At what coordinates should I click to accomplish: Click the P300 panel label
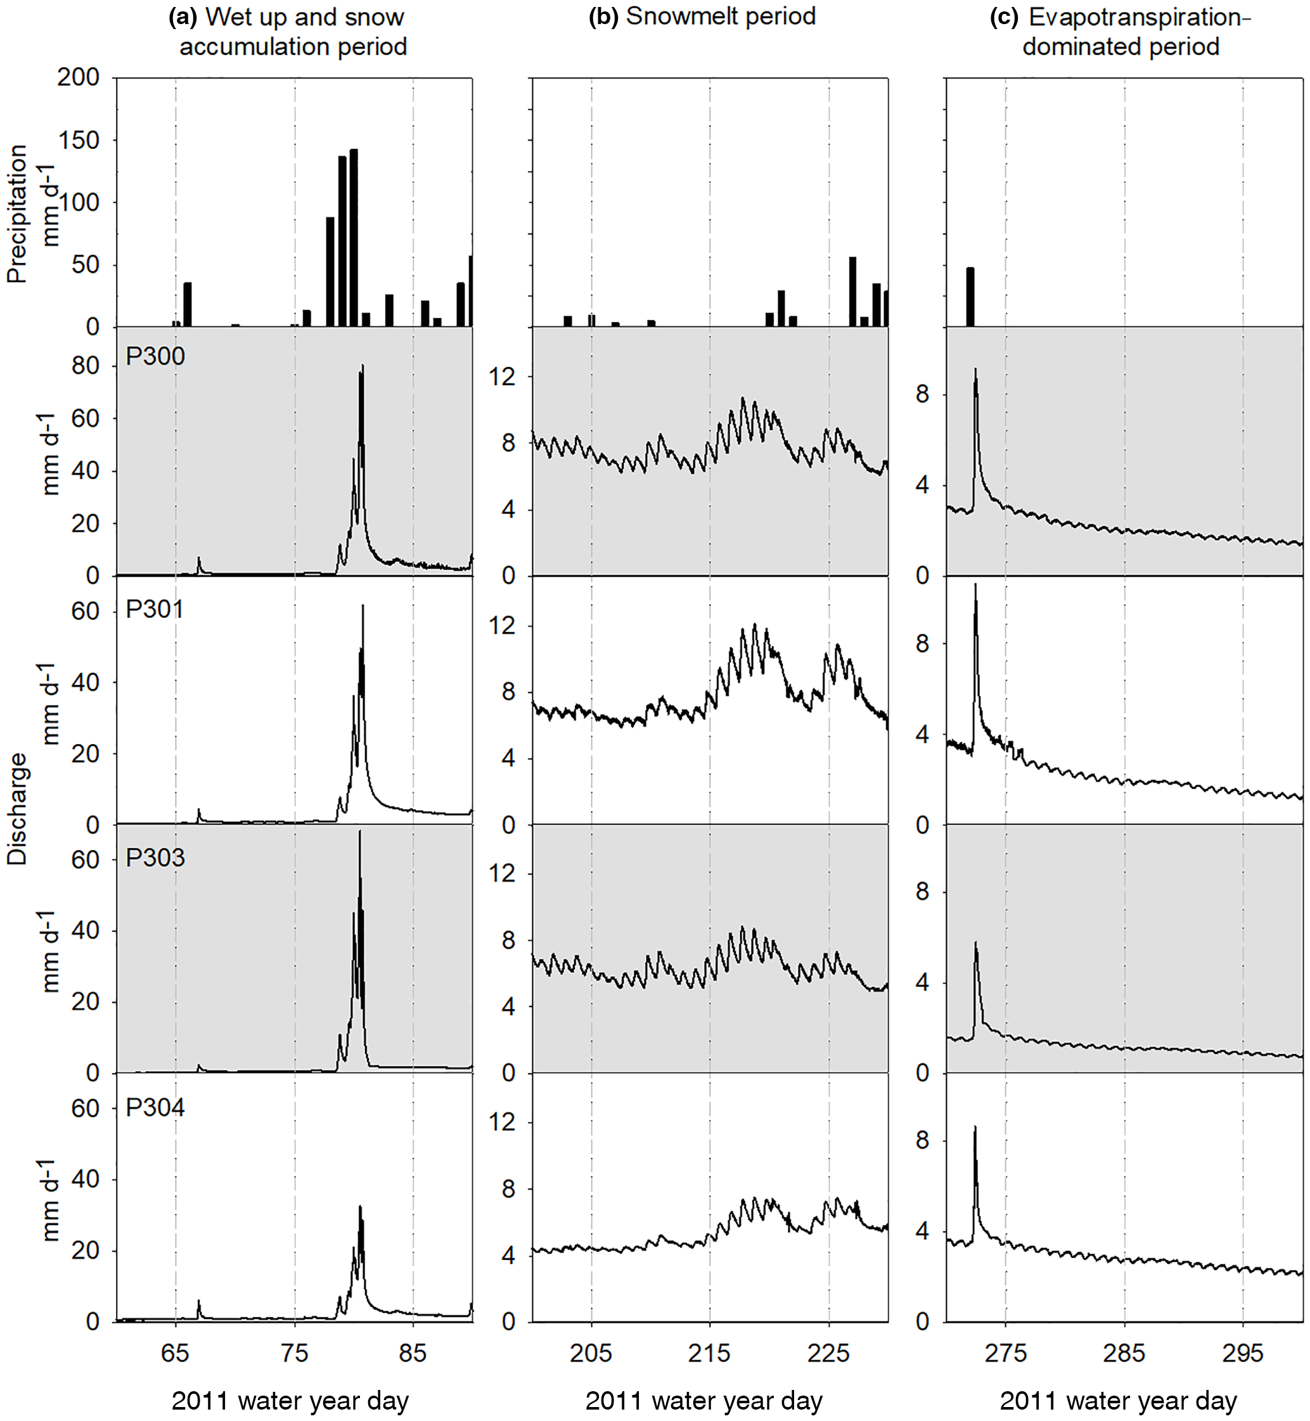155,356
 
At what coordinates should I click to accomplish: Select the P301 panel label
155,610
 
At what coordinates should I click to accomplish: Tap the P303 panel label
155,858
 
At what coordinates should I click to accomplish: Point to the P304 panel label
155,1107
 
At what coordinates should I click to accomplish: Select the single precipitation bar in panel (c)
970,297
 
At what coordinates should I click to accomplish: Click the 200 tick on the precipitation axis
79,77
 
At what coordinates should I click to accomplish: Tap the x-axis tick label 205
591,1353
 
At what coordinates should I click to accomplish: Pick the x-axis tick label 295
1243,1353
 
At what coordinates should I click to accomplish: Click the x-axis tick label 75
294,1353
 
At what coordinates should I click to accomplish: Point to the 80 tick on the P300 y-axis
85,366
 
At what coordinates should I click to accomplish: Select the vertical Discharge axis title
17,808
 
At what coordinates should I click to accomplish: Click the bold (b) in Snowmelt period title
603,16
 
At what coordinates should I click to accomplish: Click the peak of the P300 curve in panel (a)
363,366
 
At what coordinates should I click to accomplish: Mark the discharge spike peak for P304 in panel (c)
975,1128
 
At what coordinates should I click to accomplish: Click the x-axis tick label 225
828,1353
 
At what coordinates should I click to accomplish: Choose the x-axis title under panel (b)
704,1401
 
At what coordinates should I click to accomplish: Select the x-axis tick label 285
1124,1353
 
